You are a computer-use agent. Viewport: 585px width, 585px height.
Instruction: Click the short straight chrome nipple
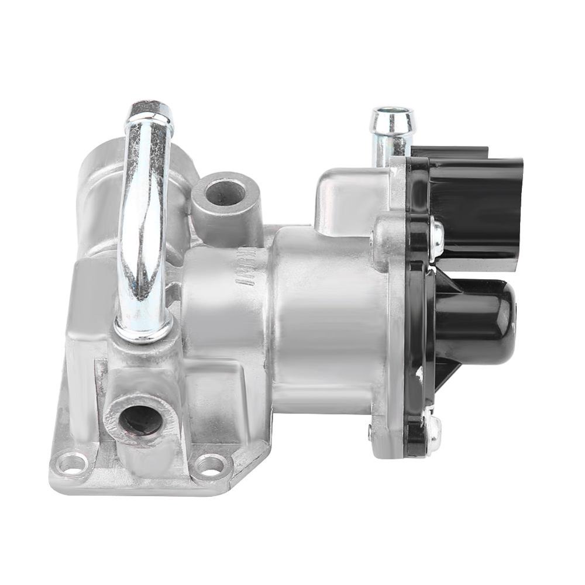[390, 129]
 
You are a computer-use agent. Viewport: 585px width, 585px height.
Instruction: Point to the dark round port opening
[139, 419]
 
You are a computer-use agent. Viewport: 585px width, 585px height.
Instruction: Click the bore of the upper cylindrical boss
[225, 192]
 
